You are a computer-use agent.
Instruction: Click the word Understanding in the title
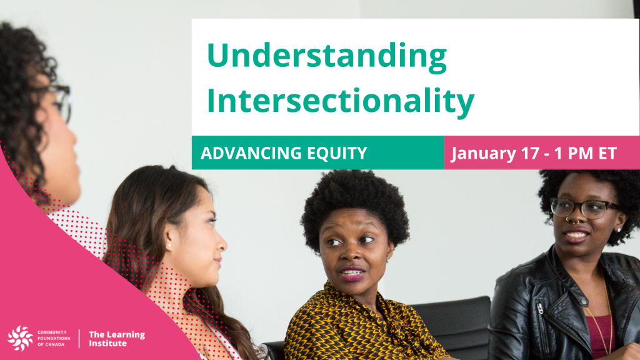pos(327,56)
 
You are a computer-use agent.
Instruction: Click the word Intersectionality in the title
pos(341,101)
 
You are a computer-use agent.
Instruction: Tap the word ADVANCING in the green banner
pos(251,153)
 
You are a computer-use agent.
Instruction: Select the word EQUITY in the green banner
pos(337,153)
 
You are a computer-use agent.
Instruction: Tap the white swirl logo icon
pos(20,338)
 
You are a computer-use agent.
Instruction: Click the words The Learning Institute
pos(117,339)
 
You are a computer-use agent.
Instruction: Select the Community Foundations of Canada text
pos(54,338)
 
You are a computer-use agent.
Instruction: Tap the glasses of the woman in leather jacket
pos(584,207)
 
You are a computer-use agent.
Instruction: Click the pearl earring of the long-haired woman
pos(169,246)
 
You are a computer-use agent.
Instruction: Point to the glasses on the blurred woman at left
pos(61,101)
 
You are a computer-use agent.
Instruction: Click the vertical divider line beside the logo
pos(79,338)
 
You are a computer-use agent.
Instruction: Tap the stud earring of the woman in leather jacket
pos(619,230)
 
